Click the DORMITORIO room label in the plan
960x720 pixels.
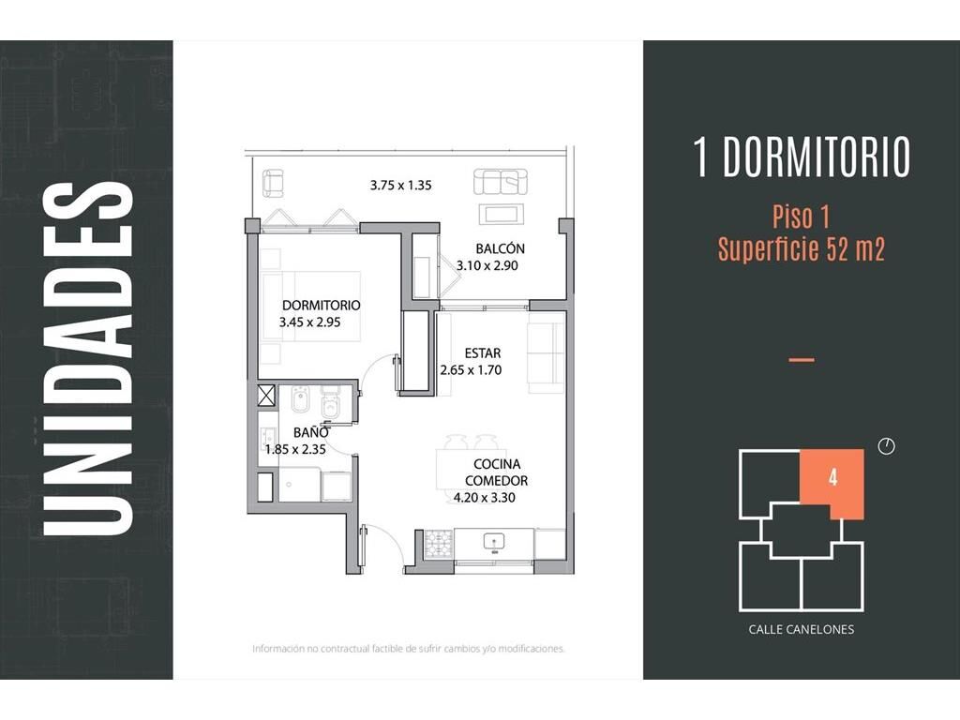(x=321, y=305)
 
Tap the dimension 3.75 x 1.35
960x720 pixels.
(x=401, y=185)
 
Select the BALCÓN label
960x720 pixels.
(x=501, y=248)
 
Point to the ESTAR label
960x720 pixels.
(x=483, y=353)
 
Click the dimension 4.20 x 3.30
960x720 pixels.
(x=485, y=498)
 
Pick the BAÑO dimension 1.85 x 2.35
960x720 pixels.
(x=295, y=449)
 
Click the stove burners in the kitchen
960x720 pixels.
(x=439, y=543)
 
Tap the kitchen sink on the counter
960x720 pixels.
(x=494, y=542)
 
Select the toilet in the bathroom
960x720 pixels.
(x=330, y=403)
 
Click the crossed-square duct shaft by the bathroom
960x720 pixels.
(x=266, y=395)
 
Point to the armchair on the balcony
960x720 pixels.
(x=273, y=184)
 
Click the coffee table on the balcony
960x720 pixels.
(x=501, y=214)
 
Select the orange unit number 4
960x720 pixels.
(x=832, y=477)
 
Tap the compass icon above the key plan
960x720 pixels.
(x=887, y=446)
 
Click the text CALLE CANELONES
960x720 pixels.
(x=801, y=629)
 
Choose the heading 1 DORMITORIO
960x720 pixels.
(x=802, y=157)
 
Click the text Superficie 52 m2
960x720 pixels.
(x=802, y=249)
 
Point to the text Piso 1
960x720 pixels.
(x=801, y=217)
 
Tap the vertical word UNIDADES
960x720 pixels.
(x=88, y=359)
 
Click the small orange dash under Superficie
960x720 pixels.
(x=802, y=360)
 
